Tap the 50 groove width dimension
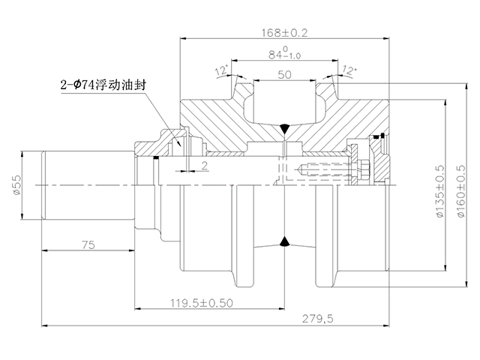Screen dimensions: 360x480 click(x=285, y=73)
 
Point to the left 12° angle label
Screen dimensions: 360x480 click(x=222, y=71)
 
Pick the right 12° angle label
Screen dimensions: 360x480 click(x=349, y=70)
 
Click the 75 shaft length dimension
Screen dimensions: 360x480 click(x=87, y=244)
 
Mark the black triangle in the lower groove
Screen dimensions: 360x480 click(x=284, y=241)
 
